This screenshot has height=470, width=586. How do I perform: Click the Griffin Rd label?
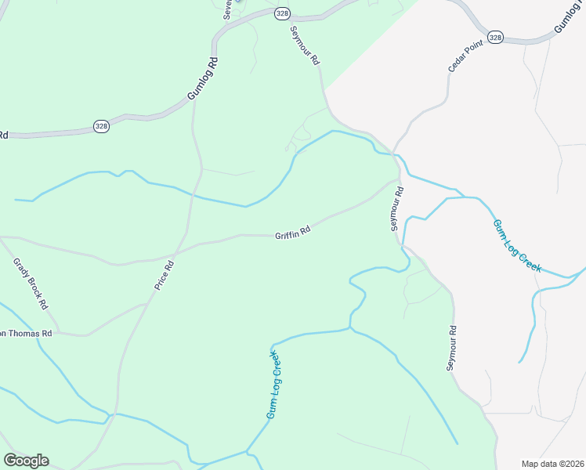[293, 232]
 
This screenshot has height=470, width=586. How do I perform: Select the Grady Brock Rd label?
[31, 283]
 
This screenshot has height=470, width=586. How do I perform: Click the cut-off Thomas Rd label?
[25, 334]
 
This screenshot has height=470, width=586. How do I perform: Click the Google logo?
[26, 460]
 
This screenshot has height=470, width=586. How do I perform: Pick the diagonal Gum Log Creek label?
[516, 245]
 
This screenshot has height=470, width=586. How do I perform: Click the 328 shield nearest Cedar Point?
[494, 37]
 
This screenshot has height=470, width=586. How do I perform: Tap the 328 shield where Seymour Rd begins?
[282, 13]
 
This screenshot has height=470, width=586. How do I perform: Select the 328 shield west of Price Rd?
[101, 125]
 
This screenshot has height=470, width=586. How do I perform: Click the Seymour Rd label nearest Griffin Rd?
[397, 208]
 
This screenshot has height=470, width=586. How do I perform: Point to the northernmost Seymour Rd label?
[306, 45]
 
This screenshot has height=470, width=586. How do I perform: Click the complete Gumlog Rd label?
[201, 78]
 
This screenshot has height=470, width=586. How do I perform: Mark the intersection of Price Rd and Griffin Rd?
[177, 253]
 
